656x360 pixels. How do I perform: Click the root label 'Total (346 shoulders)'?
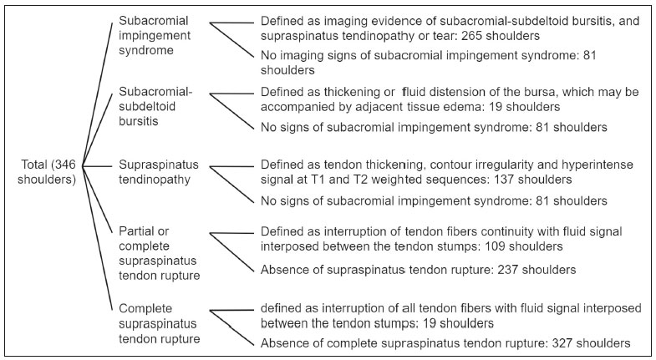(47, 172)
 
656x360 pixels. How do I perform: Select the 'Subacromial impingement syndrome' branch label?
(155, 36)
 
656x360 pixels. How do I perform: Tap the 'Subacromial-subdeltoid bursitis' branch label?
(155, 106)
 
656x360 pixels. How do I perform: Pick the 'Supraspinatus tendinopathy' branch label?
(159, 172)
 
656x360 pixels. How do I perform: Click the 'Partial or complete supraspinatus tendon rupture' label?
(159, 253)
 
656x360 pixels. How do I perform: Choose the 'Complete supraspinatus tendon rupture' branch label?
(159, 323)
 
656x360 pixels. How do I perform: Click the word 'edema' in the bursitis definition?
(459, 107)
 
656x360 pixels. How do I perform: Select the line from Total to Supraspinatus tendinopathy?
(98, 166)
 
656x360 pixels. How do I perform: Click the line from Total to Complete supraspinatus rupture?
(98, 238)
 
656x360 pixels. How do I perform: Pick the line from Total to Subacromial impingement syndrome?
(98, 94)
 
